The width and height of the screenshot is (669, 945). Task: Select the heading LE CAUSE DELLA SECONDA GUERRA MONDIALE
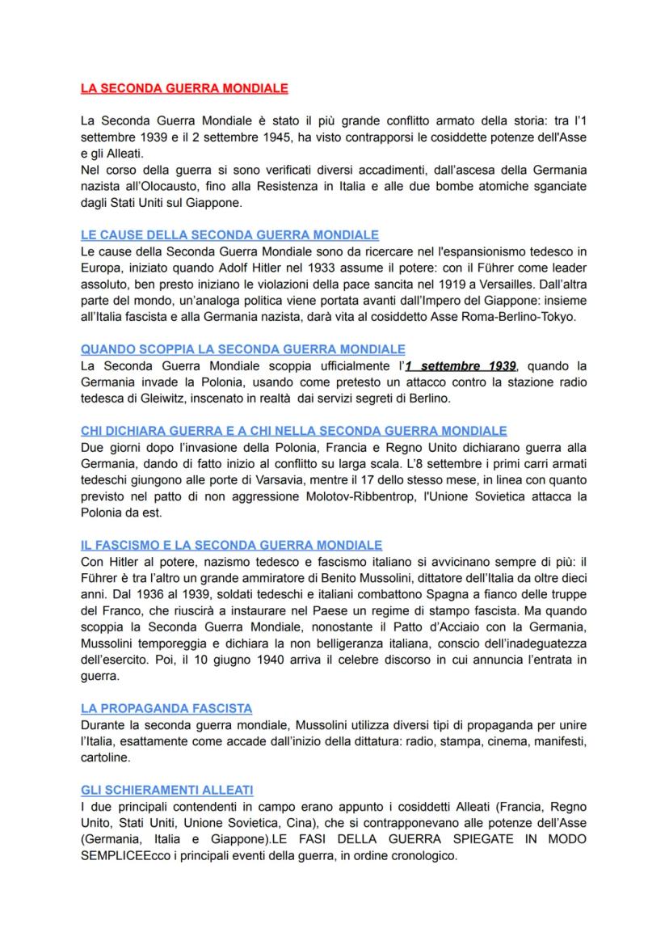tap(229, 235)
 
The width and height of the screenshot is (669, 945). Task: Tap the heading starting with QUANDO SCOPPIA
tap(242, 349)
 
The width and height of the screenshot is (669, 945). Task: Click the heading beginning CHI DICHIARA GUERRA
tap(293, 431)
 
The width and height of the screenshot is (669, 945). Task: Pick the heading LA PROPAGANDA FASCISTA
tap(166, 708)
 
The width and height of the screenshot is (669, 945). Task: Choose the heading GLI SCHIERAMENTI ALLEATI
tap(166, 790)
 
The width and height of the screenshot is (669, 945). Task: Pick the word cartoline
tap(105, 757)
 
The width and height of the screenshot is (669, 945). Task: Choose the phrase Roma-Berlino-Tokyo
tap(506, 316)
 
